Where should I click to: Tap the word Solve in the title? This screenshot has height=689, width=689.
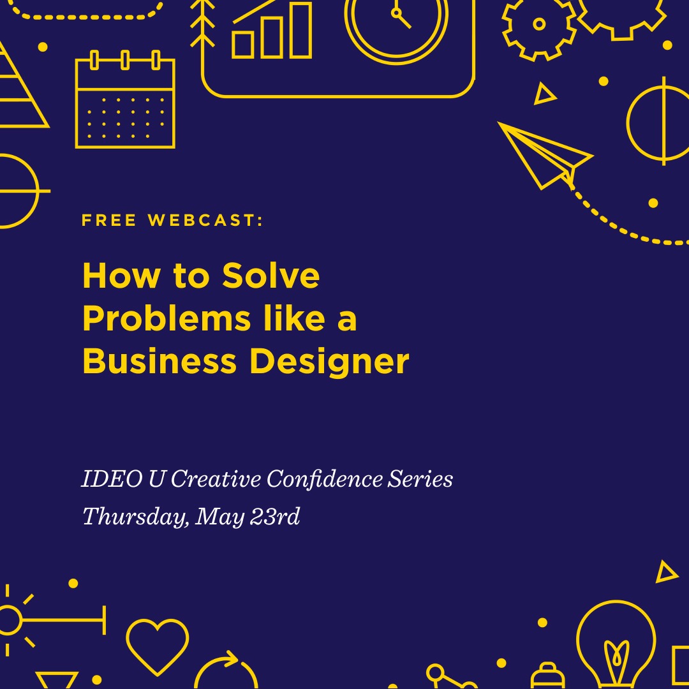[270, 276]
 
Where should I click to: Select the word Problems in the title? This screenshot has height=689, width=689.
[167, 318]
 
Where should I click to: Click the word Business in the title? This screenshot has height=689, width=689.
[159, 360]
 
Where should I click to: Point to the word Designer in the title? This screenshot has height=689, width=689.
[330, 363]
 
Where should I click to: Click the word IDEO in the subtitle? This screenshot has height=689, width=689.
[112, 478]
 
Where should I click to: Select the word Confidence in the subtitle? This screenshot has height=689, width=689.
[324, 478]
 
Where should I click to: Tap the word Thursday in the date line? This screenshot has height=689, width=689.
[137, 517]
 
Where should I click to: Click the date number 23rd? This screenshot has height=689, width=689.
[275, 516]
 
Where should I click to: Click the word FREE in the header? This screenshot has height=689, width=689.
[109, 219]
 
